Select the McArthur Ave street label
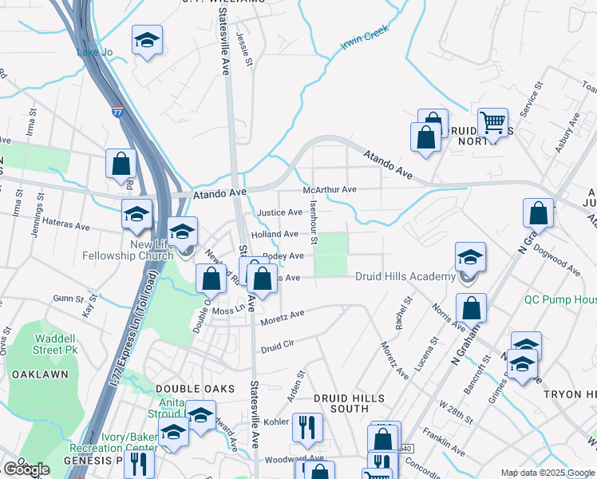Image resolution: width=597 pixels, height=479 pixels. coord(329,190)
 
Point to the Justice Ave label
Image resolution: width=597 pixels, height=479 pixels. coord(279,213)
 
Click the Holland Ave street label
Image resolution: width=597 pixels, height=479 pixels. coord(275,234)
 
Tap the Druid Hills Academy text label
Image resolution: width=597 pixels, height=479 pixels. coord(405,276)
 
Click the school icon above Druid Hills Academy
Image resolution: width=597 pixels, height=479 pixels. coord(470,258)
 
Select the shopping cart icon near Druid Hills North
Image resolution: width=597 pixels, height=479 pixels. coord(492,123)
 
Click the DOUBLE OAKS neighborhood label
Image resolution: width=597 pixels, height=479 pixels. coord(196,389)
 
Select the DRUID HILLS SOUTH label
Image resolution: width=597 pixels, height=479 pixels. coord(349,403)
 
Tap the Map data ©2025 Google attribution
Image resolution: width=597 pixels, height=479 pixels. coord(546,473)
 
